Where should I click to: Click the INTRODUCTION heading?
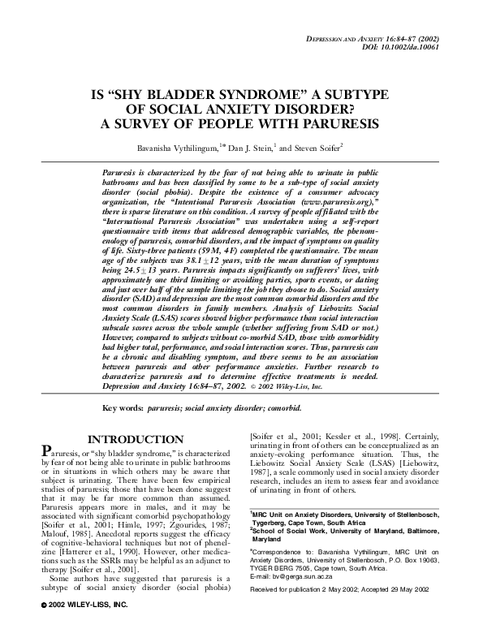132,439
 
